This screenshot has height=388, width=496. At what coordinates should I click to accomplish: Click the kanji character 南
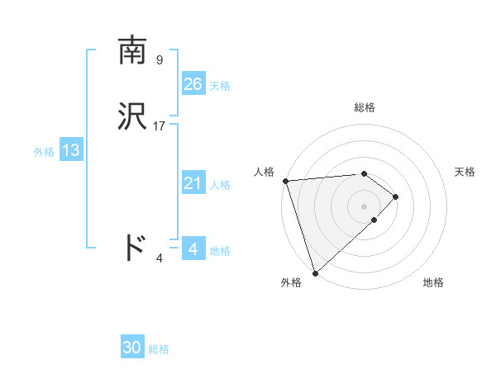133,51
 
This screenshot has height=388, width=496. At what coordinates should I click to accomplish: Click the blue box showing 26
193,83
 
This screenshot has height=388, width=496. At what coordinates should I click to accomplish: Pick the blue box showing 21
193,183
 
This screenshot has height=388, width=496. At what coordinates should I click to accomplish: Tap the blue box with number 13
71,150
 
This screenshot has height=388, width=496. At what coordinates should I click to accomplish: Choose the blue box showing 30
132,348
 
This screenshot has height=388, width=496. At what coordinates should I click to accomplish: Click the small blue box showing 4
193,248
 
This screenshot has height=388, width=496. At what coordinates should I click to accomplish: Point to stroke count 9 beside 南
160,59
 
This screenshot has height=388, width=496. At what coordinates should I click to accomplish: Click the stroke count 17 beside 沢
160,126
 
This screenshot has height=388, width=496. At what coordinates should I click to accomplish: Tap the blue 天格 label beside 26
220,85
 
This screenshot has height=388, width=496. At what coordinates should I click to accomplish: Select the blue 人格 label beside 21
220,185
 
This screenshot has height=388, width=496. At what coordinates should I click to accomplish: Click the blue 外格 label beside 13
44,152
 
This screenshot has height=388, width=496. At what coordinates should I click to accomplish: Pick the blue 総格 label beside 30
159,349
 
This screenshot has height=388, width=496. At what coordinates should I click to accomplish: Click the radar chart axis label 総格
365,107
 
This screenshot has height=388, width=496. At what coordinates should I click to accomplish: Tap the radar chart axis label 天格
465,172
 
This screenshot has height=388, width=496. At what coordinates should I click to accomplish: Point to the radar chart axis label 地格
433,283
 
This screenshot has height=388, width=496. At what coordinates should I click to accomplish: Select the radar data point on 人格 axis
285,181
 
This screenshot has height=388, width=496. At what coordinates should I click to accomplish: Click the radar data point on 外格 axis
315,272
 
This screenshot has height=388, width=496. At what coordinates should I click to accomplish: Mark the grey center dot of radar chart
365,206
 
